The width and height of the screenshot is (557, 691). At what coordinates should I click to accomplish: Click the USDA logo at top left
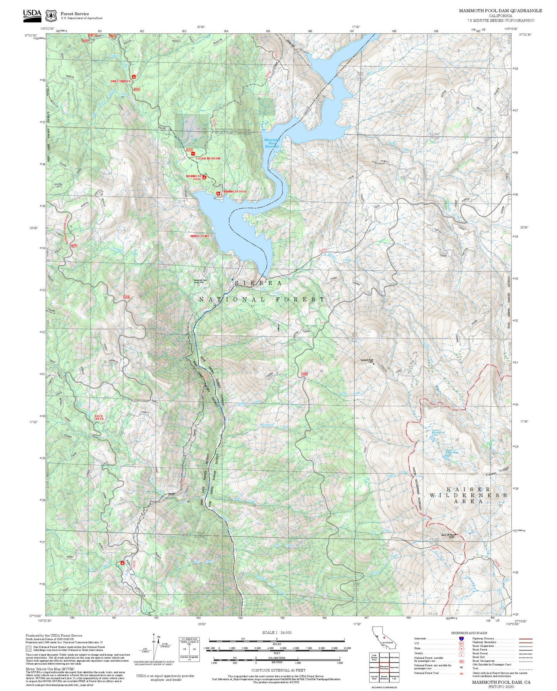pyautogui.click(x=32, y=15)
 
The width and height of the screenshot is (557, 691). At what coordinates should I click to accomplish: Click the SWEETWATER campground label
pyautogui.click(x=120, y=81)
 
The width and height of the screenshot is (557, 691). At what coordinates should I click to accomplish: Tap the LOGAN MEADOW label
pyautogui.click(x=208, y=158)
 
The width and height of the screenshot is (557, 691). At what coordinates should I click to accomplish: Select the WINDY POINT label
pyautogui.click(x=199, y=236)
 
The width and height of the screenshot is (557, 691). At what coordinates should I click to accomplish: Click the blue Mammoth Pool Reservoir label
pyautogui.click(x=272, y=143)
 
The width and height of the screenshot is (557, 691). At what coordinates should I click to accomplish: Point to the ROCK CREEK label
pyautogui.click(x=99, y=417)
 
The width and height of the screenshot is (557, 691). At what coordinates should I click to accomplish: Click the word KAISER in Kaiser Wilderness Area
pyautogui.click(x=468, y=489)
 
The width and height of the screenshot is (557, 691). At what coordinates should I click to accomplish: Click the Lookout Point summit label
pyautogui.click(x=367, y=361)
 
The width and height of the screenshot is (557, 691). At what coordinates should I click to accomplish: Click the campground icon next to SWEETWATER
pyautogui.click(x=133, y=77)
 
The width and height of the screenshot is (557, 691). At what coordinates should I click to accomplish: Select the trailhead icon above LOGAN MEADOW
pyautogui.click(x=193, y=154)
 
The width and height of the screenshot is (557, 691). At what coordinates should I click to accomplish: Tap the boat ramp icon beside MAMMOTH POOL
pyautogui.click(x=218, y=193)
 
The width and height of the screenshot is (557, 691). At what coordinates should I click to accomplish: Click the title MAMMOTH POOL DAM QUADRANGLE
pyautogui.click(x=500, y=11)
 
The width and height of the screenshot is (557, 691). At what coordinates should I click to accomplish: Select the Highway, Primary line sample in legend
pyautogui.click(x=525, y=639)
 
